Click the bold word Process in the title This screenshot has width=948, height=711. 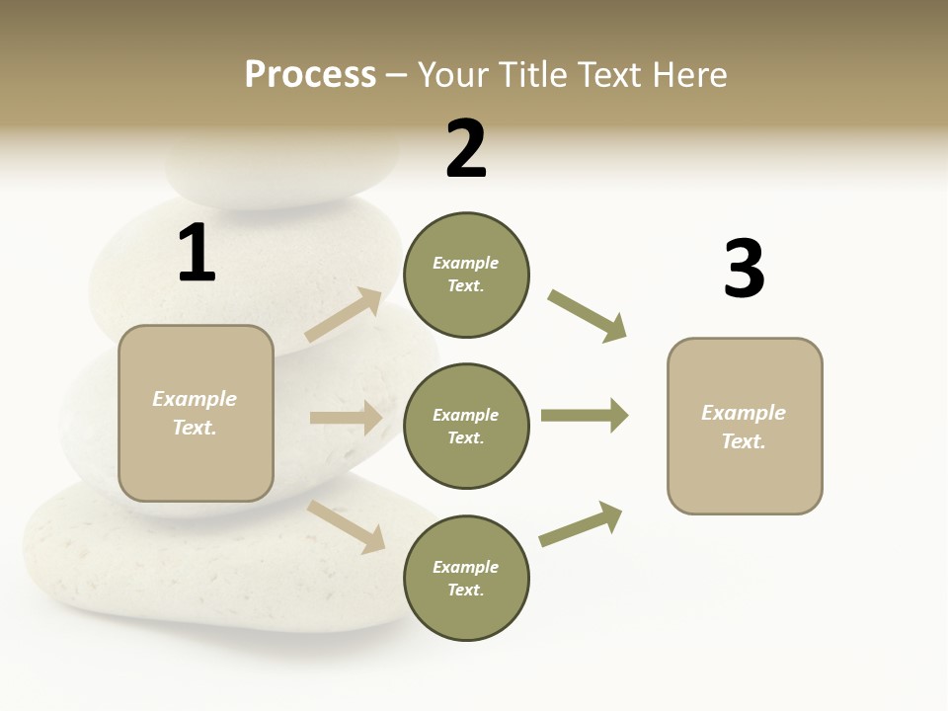(x=310, y=74)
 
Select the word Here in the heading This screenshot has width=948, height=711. (x=687, y=74)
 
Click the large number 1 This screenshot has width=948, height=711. (x=197, y=253)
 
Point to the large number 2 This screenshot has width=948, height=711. (x=466, y=149)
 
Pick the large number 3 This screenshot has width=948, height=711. (x=744, y=269)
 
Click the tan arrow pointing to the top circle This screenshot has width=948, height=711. (x=344, y=315)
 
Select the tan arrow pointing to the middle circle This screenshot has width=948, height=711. (x=346, y=418)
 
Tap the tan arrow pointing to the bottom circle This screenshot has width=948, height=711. (x=347, y=526)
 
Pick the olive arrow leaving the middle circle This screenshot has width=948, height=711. (x=584, y=415)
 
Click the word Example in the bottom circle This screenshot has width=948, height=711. (x=465, y=567)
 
